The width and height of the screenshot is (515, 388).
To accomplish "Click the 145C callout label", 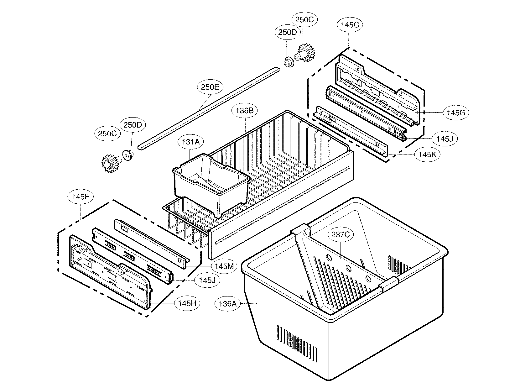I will (349, 25).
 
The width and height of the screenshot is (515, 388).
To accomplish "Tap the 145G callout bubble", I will (456, 113).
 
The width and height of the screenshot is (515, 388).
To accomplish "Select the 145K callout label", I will (427, 154).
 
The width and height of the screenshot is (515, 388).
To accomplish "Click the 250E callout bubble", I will (210, 87).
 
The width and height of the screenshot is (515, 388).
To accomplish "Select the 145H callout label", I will (187, 303).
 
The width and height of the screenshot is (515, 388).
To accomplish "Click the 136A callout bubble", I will (228, 303).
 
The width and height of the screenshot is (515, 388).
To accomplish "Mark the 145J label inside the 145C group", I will (445, 139).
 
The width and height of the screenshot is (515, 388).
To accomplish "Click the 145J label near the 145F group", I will (207, 280).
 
